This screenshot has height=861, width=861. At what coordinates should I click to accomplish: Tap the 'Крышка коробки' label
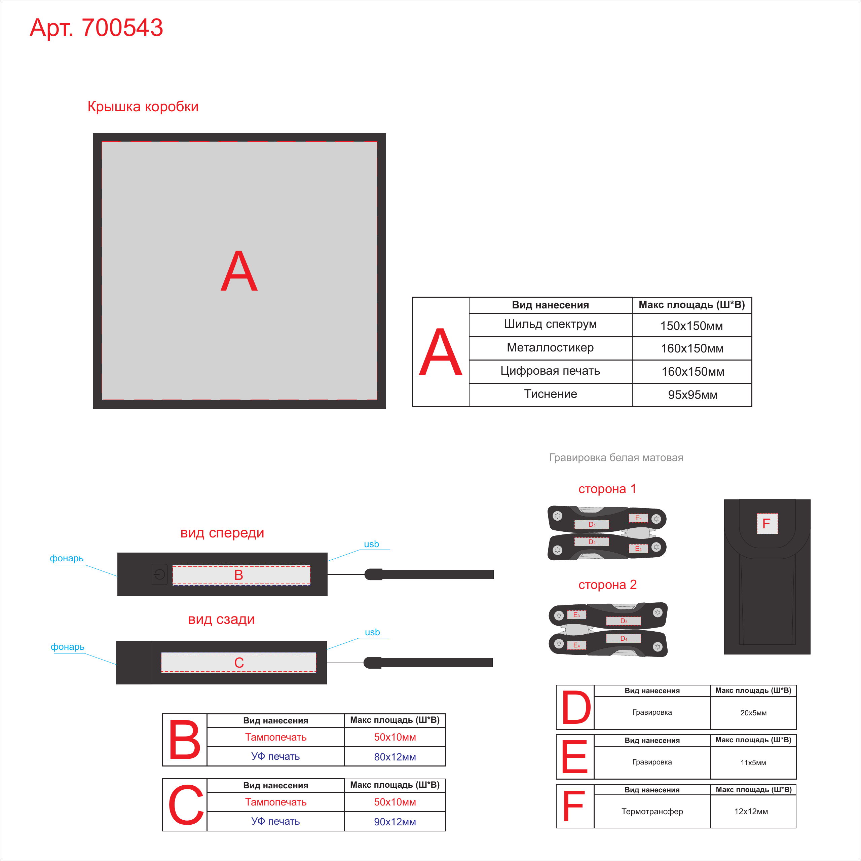pyautogui.click(x=143, y=107)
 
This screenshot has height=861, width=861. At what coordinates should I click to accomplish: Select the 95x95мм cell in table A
pyautogui.click(x=692, y=395)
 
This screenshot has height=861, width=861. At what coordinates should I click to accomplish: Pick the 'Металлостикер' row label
pyautogui.click(x=550, y=348)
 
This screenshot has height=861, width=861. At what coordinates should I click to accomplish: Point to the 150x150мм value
pyautogui.click(x=691, y=326)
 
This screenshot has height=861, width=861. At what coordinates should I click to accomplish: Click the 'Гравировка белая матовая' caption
pyautogui.click(x=616, y=458)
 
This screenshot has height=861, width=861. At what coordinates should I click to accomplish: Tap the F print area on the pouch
pyautogui.click(x=767, y=524)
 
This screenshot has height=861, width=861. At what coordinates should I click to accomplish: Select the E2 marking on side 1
pyautogui.click(x=638, y=549)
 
